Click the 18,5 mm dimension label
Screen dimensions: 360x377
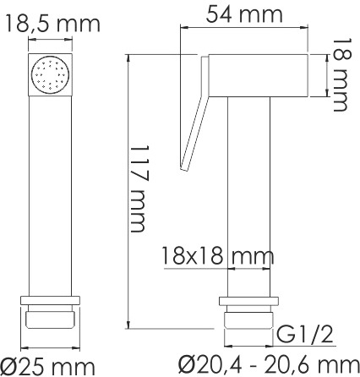pyautogui.click(x=52, y=24)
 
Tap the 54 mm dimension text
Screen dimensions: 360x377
pyautogui.click(x=244, y=14)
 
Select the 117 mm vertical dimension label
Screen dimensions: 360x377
pyautogui.click(x=139, y=188)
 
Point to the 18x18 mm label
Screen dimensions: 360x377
pyautogui.click(x=218, y=256)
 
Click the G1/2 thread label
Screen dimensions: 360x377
pyautogui.click(x=305, y=335)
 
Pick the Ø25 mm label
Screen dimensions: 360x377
pyautogui.click(x=47, y=367)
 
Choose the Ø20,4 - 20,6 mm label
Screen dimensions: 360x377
pyautogui.click(x=269, y=365)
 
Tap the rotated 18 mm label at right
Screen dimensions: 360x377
pyautogui.click(x=342, y=74)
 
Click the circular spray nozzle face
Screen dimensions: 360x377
pyautogui.click(x=51, y=75)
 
